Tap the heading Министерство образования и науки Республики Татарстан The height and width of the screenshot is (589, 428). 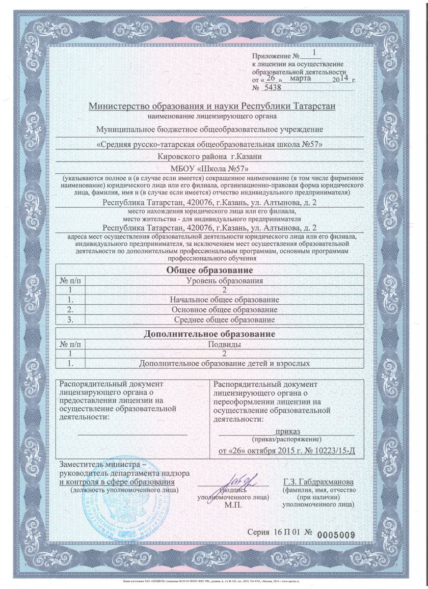(x=212, y=107)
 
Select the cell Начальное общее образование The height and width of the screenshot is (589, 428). (x=224, y=299)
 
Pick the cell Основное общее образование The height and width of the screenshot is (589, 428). (x=224, y=310)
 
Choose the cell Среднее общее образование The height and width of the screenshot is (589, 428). (x=224, y=320)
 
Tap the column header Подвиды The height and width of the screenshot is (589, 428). (x=224, y=345)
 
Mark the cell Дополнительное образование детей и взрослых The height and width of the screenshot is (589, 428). (x=224, y=364)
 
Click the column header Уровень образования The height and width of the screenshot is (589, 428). (x=224, y=281)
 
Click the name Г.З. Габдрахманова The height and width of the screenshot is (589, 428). (x=319, y=482)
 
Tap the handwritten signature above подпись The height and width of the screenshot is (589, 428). (x=241, y=479)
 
